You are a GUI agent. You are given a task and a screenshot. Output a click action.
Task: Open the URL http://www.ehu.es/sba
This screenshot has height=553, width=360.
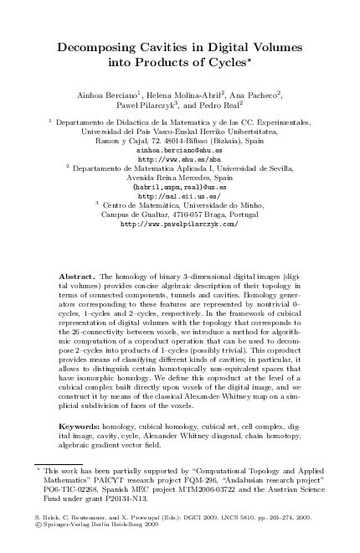(x=180, y=158)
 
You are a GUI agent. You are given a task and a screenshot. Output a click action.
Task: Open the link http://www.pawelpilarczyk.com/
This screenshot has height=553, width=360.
(x=180, y=225)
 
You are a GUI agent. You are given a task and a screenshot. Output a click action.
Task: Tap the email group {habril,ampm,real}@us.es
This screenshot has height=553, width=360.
(x=180, y=187)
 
